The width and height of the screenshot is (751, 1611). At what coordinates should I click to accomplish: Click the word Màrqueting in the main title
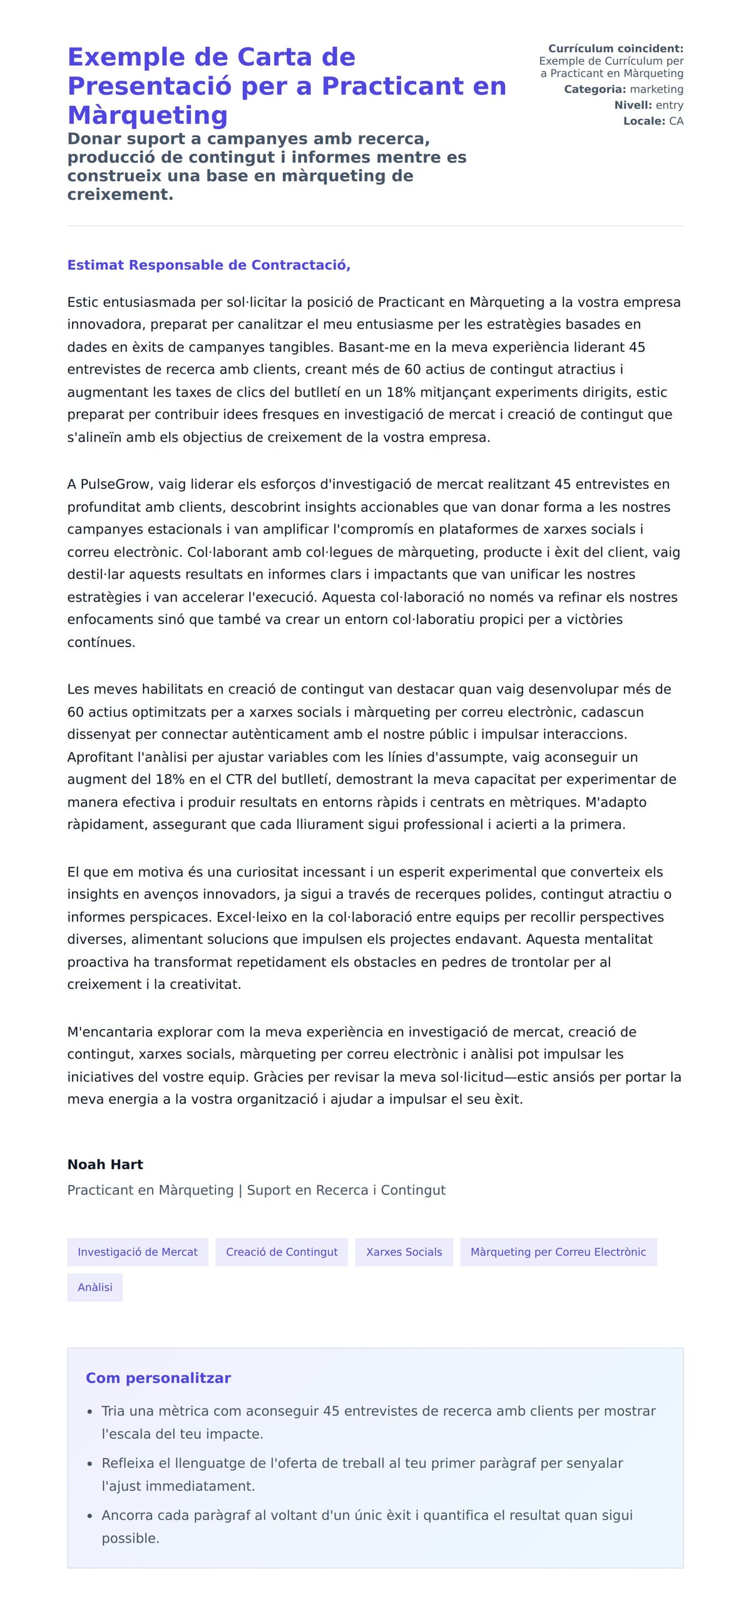pyautogui.click(x=147, y=115)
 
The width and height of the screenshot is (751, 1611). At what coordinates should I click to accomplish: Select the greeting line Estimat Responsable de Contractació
pyautogui.click(x=208, y=265)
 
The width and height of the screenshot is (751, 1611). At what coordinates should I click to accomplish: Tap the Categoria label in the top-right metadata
pyautogui.click(x=595, y=89)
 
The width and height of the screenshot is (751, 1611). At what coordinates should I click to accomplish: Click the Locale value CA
pyautogui.click(x=676, y=121)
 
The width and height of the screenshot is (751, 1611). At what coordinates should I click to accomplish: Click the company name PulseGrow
pyautogui.click(x=117, y=484)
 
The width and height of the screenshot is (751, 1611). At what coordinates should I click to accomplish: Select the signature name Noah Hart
pyautogui.click(x=105, y=1164)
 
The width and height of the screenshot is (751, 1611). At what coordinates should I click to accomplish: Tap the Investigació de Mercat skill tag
pyautogui.click(x=138, y=1252)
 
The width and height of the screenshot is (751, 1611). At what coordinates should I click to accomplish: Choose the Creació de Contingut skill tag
pyautogui.click(x=282, y=1252)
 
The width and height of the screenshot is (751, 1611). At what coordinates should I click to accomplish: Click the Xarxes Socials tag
pyautogui.click(x=404, y=1252)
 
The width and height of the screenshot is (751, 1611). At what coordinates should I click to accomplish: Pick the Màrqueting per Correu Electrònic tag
pyautogui.click(x=558, y=1252)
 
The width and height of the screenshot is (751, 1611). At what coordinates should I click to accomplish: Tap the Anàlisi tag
pyautogui.click(x=95, y=1287)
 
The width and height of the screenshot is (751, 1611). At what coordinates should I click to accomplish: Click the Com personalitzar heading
pyautogui.click(x=158, y=1378)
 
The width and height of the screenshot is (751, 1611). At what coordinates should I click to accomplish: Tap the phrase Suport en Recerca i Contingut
pyautogui.click(x=346, y=1190)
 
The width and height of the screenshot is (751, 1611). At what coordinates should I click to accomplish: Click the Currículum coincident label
pyautogui.click(x=615, y=49)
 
